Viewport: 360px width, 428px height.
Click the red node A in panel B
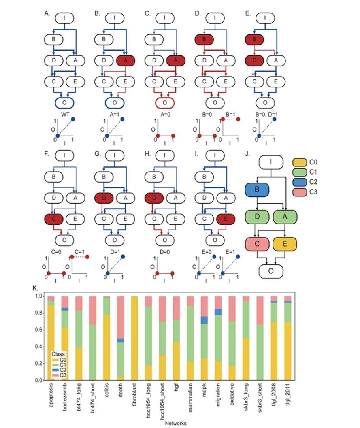pos(126,61)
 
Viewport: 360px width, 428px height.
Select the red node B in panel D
pos(204,40)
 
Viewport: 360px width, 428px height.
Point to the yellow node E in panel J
pos(285,244)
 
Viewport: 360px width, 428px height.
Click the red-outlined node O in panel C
pos(164,102)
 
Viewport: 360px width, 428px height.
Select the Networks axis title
pos(175,423)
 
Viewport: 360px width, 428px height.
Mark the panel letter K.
pos(35,288)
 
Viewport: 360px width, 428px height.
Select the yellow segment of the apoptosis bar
pos(51,343)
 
